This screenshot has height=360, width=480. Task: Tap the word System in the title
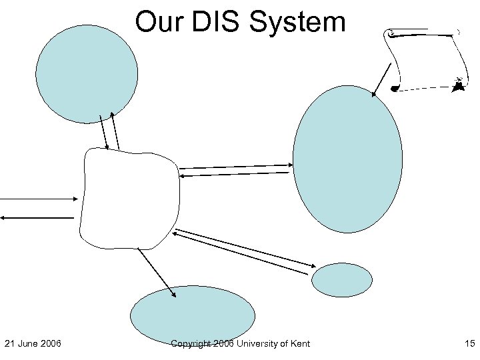click(298, 22)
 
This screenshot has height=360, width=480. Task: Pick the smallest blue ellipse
click(342, 280)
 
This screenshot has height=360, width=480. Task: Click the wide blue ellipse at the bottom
click(192, 316)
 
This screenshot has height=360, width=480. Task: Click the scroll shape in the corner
click(425, 59)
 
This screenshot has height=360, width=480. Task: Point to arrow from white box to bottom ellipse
click(157, 273)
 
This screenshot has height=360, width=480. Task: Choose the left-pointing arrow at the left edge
click(37, 217)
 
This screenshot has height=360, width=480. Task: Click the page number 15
click(469, 343)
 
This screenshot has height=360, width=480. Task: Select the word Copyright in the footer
click(191, 343)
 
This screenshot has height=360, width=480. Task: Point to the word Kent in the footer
click(299, 343)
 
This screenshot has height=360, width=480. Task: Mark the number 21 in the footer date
click(10, 343)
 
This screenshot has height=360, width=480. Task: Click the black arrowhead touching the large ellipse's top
click(375, 94)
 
